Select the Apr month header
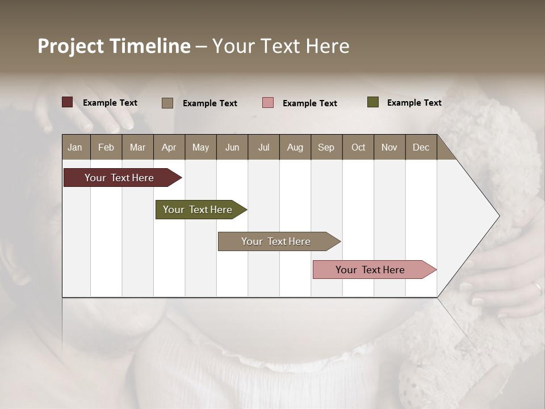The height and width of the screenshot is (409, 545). click(169, 147)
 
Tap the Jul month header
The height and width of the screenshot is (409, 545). click(263, 147)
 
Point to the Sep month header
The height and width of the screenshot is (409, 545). click(326, 147)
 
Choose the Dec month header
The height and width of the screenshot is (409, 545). click(421, 147)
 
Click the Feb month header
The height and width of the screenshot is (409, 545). click(106, 147)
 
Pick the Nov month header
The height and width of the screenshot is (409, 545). click(389, 147)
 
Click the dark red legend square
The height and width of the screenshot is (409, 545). click(68, 102)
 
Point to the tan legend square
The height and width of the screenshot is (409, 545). click(167, 103)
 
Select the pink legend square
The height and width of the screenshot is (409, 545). click(268, 103)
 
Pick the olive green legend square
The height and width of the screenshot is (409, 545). click(373, 102)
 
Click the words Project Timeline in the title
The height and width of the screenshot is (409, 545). click(114, 46)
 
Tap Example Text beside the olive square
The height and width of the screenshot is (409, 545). click(414, 103)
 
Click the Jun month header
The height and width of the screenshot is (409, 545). click(232, 147)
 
